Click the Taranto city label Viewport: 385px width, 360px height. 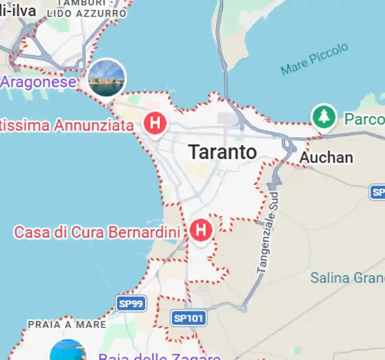[x=223, y=152]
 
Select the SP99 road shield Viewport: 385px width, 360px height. [x=131, y=303]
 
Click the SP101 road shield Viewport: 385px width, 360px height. [x=189, y=318]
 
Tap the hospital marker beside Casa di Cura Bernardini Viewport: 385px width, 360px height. [x=201, y=230]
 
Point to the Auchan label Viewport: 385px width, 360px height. [x=326, y=158]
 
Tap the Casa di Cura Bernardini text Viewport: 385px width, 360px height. [x=97, y=232]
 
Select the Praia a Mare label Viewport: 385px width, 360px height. [x=67, y=324]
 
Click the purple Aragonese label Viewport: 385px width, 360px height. [x=38, y=82]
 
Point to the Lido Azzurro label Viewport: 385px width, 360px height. [x=87, y=14]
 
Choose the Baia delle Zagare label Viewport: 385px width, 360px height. [x=159, y=356]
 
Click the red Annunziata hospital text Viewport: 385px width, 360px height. [x=67, y=126]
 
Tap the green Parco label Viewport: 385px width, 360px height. [x=364, y=119]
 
